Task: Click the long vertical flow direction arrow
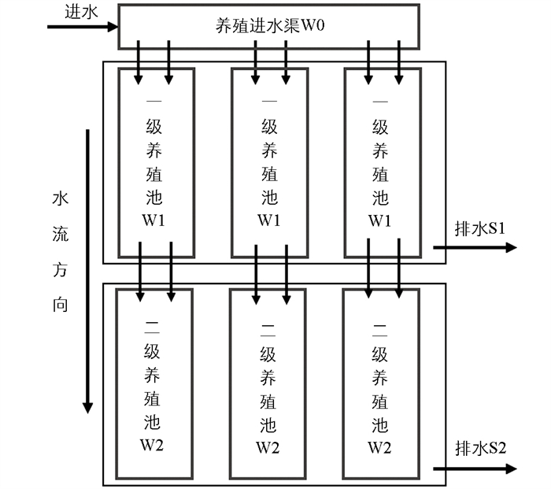coord(87,268)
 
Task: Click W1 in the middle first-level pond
coord(268,220)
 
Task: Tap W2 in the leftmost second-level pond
coord(153,446)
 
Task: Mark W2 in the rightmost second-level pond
coord(380,446)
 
